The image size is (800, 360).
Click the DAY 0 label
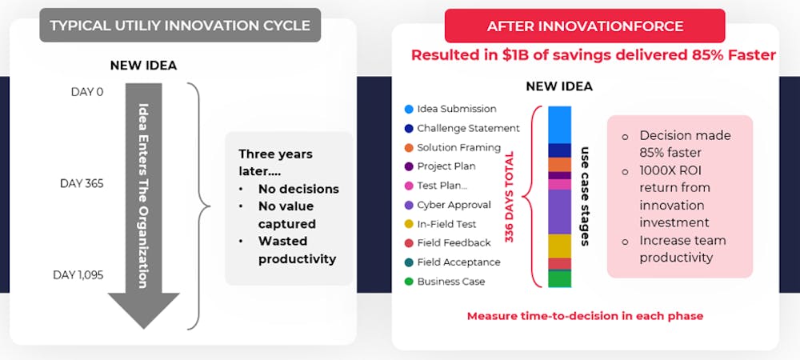pyautogui.click(x=86, y=92)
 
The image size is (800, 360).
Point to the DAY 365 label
pyautogui.click(x=82, y=183)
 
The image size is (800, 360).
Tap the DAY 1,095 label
pyautogui.click(x=78, y=275)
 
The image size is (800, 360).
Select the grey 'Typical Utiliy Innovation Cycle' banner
pyautogui.click(x=180, y=25)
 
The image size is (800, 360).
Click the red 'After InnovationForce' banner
pyautogui.click(x=585, y=26)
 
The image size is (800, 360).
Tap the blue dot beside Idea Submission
pyautogui.click(x=408, y=109)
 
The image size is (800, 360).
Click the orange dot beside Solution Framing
pyautogui.click(x=408, y=148)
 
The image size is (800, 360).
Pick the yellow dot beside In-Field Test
pyautogui.click(x=408, y=224)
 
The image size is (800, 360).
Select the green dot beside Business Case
pyautogui.click(x=408, y=282)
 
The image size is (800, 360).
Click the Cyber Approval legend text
pyautogui.click(x=454, y=205)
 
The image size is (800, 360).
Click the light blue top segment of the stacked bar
pyautogui.click(x=560, y=125)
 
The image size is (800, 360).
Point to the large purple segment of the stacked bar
pyautogui.click(x=560, y=212)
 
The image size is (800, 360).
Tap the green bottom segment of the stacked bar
pyautogui.click(x=560, y=279)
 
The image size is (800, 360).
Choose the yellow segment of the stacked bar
pyautogui.click(x=560, y=246)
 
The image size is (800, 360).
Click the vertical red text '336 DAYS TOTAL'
pyautogui.click(x=509, y=197)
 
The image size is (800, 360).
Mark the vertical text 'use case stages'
pyautogui.click(x=586, y=196)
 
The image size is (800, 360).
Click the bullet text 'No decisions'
pyautogui.click(x=298, y=189)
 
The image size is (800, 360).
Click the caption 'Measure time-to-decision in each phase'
pyautogui.click(x=586, y=316)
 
